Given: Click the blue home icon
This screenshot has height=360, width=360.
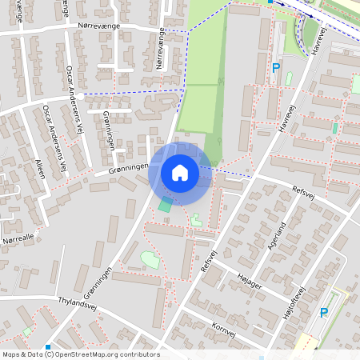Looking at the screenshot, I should coord(180,172).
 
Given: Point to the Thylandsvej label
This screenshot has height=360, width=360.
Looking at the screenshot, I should coord(78,303).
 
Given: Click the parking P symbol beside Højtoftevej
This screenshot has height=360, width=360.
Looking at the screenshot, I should coord(324,313).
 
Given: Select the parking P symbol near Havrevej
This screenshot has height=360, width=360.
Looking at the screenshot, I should coord(276,69).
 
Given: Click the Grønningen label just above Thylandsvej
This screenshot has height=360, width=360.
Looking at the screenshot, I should coord(95,282).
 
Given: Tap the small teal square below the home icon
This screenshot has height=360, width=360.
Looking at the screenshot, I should coord(165,206).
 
